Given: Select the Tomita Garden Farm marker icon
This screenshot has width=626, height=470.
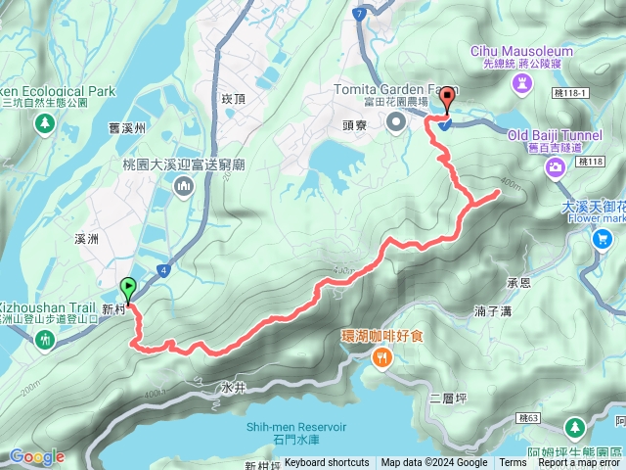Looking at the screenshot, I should [x=396, y=122].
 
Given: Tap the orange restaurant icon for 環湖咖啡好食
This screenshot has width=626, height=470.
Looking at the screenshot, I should [x=381, y=358].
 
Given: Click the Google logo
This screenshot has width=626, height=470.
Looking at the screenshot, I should [x=36, y=456].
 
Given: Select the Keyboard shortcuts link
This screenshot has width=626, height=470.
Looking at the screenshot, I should [x=327, y=463].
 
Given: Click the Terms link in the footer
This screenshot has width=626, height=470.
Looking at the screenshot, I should [x=512, y=463].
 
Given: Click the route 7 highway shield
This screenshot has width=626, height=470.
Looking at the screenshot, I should [x=360, y=15].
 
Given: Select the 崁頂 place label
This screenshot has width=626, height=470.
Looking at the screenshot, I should [x=232, y=99].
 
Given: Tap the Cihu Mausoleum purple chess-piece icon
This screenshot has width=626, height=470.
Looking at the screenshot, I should [x=518, y=84].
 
